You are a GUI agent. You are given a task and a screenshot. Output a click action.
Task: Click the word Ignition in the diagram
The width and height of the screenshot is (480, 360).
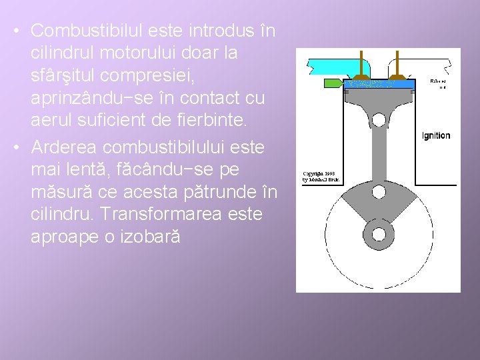tap(436, 136)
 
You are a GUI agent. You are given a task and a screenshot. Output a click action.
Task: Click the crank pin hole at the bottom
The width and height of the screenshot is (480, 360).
tap(379, 234)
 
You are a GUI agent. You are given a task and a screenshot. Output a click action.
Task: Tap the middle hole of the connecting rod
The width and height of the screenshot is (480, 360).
tap(379, 192)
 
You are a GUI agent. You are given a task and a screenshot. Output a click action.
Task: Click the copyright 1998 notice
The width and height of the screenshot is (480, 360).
tap(322, 177)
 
